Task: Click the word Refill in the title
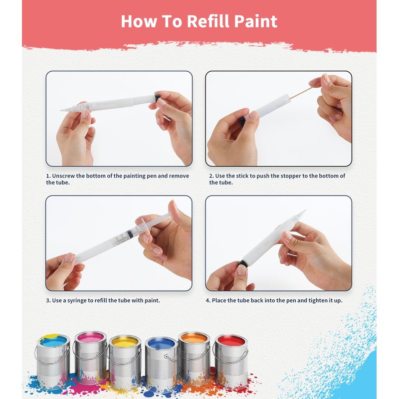[x=208, y=21]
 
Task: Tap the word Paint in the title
[x=256, y=21]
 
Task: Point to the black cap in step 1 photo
[x=157, y=98]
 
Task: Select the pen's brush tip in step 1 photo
[x=65, y=109]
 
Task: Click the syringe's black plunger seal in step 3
[x=129, y=233]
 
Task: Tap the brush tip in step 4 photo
[x=302, y=213]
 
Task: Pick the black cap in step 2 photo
[x=242, y=120]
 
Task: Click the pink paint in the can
[x=91, y=338]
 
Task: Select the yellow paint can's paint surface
[x=125, y=341]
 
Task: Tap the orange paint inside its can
[x=194, y=338]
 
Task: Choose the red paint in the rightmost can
[x=231, y=341]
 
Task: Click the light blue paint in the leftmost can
[x=54, y=341]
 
